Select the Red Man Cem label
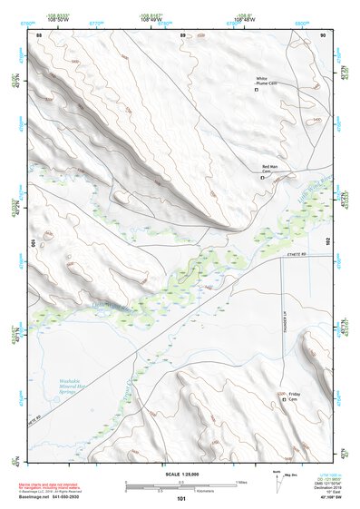269,170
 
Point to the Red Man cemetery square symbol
263,178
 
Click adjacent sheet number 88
38,34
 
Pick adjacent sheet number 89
183,34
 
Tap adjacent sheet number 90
322,34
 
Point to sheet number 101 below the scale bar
181,499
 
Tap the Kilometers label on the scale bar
187,491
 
